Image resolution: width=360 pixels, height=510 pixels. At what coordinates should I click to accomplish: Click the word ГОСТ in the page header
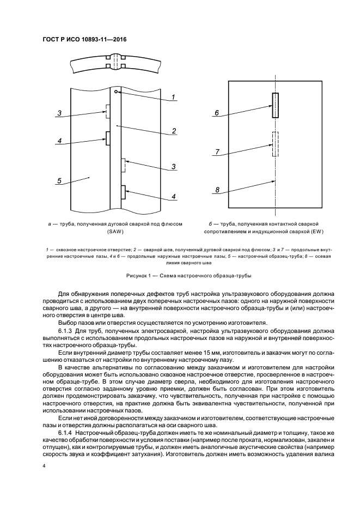52,40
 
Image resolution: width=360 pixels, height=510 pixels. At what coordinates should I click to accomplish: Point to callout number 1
173,98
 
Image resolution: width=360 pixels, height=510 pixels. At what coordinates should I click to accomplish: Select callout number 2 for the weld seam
173,131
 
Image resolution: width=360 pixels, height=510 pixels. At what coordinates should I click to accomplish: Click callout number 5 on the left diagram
59,181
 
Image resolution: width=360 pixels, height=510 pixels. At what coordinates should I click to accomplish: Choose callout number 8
217,190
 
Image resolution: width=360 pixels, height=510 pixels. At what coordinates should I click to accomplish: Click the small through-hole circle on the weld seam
117,93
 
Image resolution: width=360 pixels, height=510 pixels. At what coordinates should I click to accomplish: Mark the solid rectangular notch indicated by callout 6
276,105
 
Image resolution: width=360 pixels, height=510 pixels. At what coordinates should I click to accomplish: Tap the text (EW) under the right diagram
277,231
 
